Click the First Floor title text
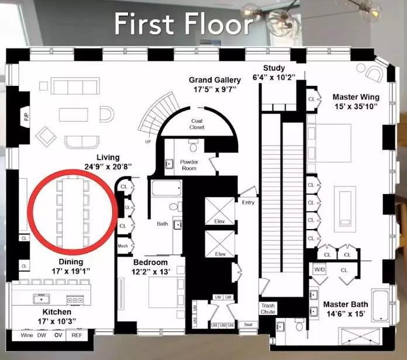[184, 24]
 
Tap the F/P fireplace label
[26, 117]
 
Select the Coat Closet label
[196, 124]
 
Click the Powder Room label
[189, 165]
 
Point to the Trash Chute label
[268, 309]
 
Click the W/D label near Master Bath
[319, 269]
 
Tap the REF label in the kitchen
[77, 335]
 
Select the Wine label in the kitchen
[27, 335]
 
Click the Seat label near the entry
[248, 324]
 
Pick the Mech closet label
[123, 246]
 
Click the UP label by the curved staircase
[148, 141]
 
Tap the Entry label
[248, 202]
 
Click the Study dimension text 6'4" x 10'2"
[274, 77]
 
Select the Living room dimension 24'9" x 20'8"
[108, 167]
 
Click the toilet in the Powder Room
[193, 146]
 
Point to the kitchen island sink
[42, 299]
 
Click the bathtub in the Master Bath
[381, 306]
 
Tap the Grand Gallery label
[215, 80]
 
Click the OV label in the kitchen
[58, 335]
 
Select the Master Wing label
[356, 97]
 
